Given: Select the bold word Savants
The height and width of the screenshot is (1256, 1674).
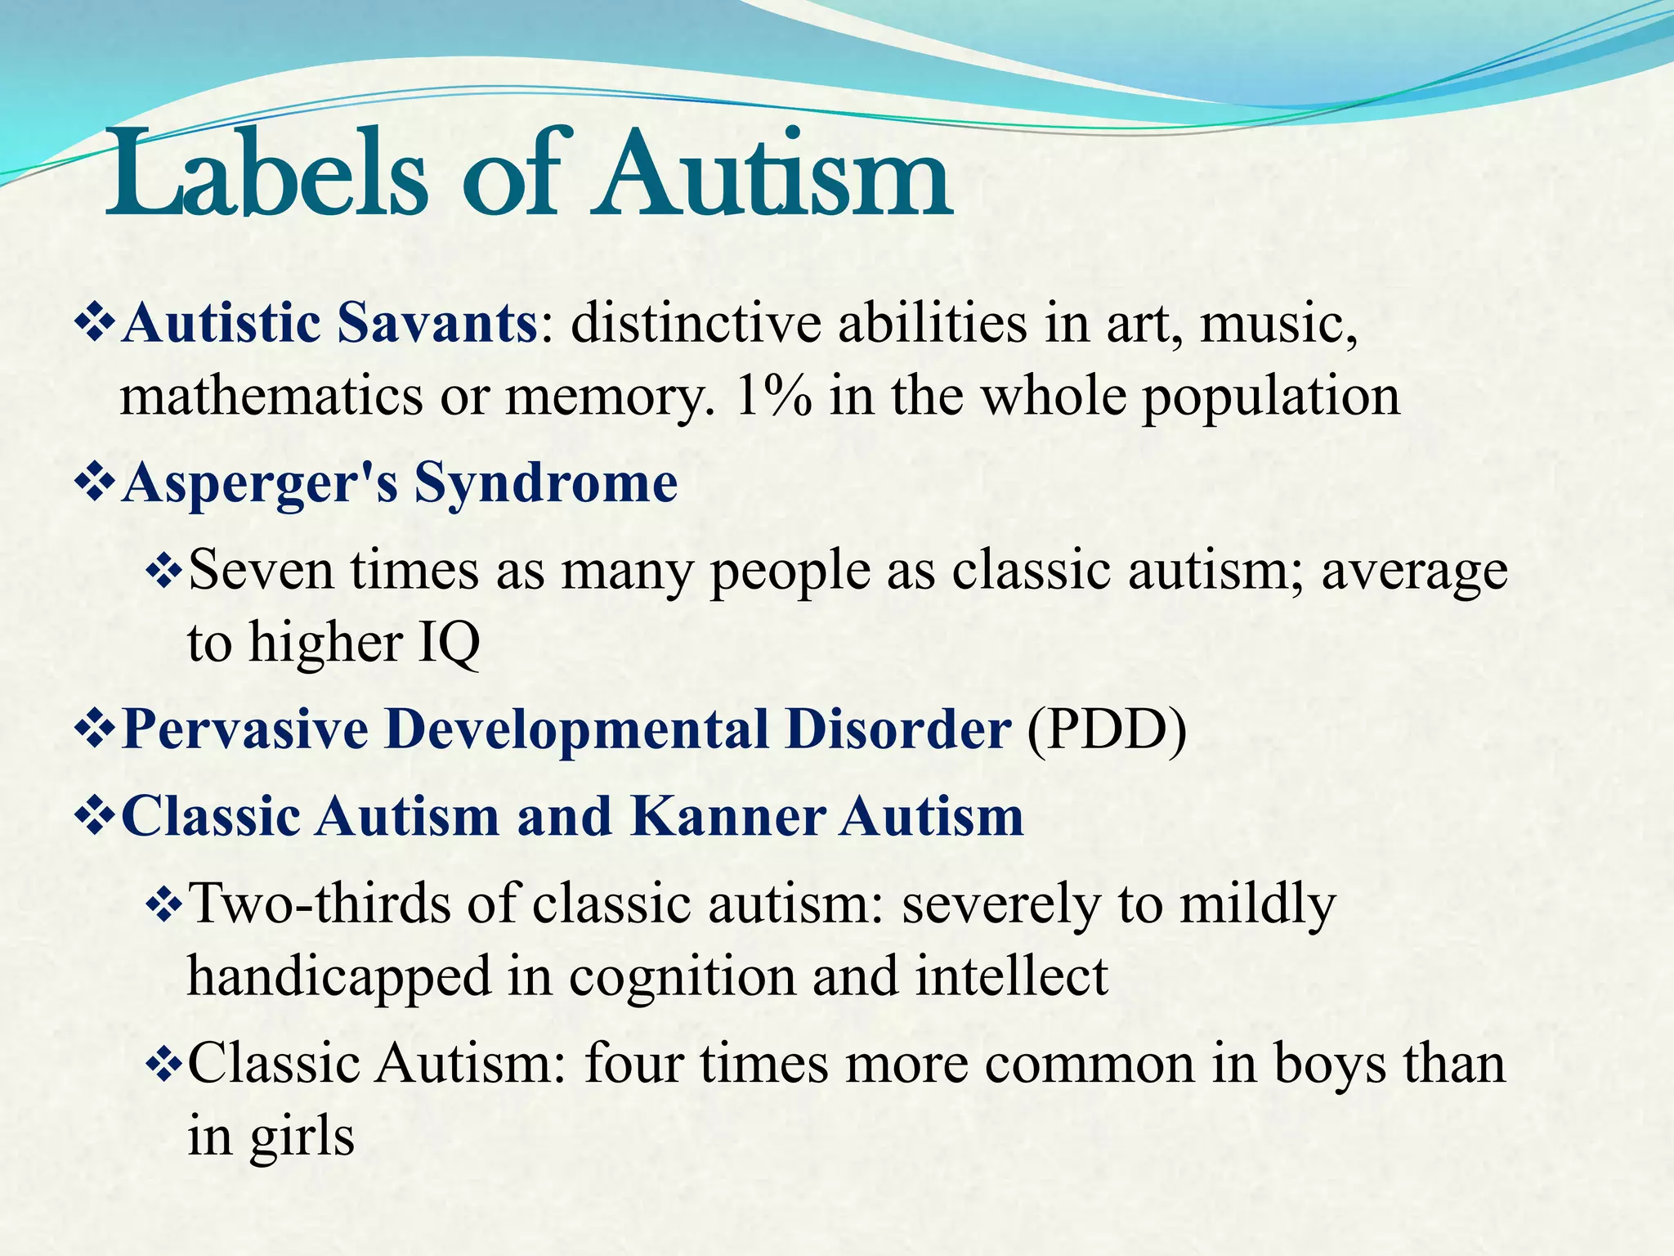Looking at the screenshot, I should (436, 323).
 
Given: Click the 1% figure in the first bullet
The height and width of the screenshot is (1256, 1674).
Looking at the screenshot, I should (773, 397).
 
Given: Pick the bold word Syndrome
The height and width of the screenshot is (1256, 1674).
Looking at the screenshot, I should (545, 483).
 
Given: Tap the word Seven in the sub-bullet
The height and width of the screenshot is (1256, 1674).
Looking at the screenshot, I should (261, 570).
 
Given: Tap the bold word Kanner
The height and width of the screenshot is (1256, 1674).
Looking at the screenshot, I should (727, 816).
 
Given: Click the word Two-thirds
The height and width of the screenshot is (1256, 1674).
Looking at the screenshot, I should (319, 904).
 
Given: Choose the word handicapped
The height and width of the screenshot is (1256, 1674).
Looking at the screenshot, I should (339, 976).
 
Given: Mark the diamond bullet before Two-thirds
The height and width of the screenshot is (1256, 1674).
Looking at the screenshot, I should (164, 906).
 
